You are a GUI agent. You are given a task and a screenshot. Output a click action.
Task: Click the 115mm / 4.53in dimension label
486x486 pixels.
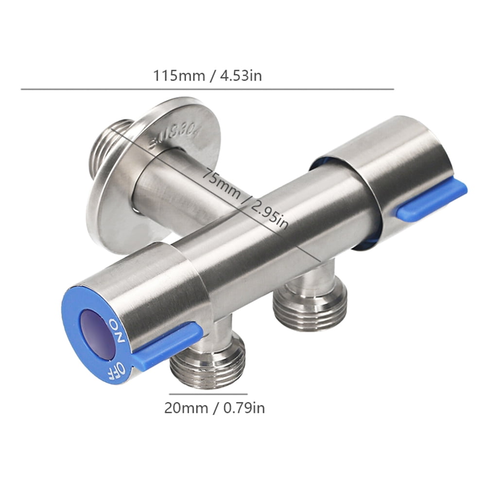tap(208, 76)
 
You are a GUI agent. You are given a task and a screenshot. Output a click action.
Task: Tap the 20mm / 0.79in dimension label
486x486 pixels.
tap(214, 408)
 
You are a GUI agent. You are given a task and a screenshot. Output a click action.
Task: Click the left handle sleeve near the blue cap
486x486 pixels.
tap(156, 287)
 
